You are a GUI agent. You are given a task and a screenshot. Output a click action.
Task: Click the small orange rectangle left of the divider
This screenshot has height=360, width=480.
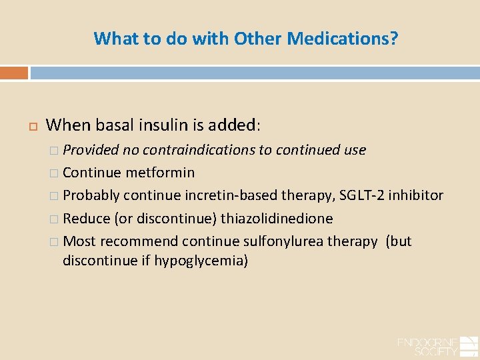click(14, 73)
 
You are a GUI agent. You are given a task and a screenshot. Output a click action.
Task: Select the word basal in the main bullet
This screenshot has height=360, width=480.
click(117, 125)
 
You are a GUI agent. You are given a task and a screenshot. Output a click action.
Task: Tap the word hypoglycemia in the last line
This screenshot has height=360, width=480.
click(201, 260)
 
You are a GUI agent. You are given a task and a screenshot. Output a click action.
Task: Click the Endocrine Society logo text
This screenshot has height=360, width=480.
click(427, 346)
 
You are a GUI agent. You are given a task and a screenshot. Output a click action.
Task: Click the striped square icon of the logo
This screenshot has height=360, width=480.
click(469, 346)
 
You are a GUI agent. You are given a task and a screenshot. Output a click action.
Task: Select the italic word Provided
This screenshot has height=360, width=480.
click(91, 150)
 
